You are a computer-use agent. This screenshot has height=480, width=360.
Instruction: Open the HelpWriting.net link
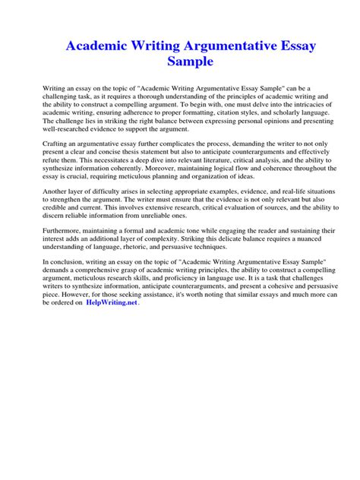point(111,302)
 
